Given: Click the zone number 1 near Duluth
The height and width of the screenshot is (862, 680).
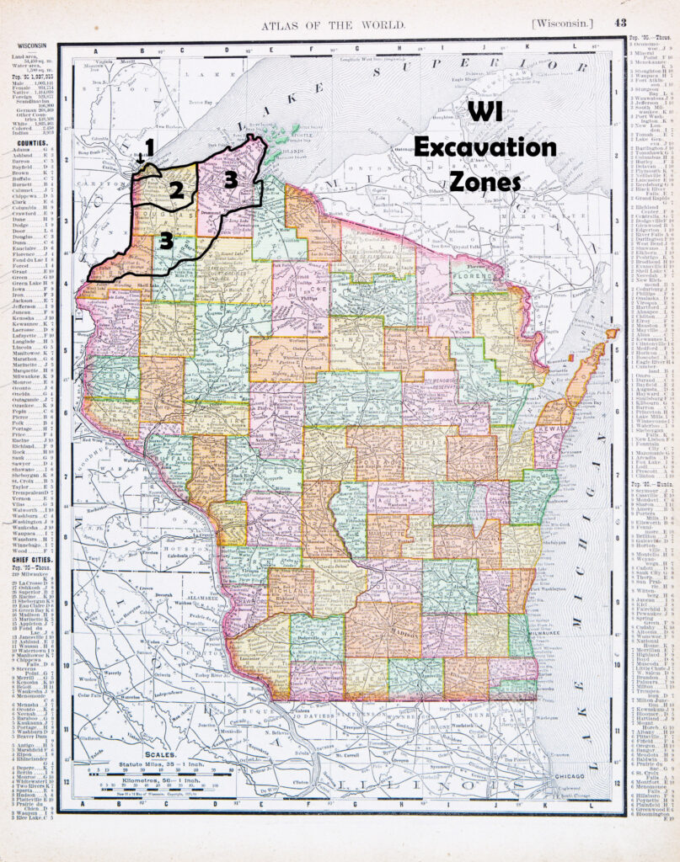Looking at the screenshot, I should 149,147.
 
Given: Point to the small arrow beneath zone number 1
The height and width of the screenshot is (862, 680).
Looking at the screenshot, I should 140,157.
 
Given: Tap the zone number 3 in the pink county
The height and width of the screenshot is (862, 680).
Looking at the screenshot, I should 231,179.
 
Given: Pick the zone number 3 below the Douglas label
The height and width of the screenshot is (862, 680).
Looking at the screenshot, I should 167,242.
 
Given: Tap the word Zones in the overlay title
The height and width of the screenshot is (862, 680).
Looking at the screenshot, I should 485,180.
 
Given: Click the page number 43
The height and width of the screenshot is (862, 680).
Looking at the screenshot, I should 620,23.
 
